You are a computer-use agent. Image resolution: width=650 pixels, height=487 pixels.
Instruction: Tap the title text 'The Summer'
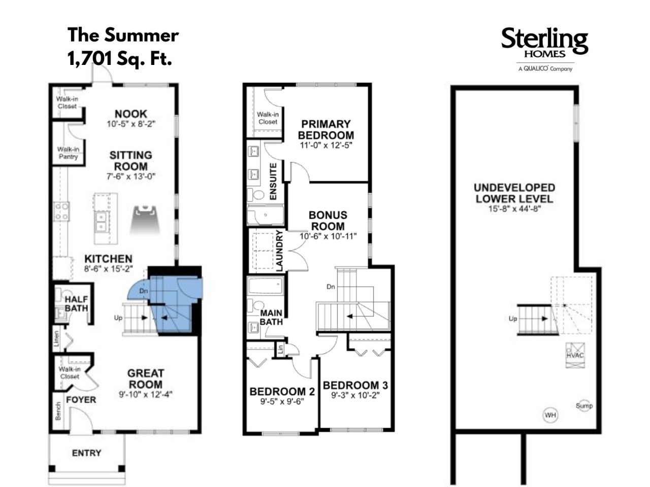123,35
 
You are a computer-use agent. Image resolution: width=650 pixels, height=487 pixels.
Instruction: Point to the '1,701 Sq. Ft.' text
120,58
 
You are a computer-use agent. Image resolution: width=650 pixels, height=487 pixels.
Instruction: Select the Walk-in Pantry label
68,153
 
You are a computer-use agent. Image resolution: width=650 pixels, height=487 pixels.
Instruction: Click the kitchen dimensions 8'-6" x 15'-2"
108,268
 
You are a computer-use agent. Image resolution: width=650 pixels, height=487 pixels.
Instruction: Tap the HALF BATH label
76,304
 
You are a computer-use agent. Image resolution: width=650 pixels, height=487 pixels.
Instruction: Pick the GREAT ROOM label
145,379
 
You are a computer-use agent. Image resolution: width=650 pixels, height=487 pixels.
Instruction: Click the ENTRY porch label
86,453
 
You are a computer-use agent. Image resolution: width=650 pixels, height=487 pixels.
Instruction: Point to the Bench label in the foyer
58,411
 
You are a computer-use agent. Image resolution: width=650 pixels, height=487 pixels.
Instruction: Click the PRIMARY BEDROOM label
326,129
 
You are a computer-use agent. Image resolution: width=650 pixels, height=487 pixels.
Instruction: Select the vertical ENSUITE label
273,181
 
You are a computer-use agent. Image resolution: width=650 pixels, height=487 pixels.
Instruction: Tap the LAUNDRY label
279,251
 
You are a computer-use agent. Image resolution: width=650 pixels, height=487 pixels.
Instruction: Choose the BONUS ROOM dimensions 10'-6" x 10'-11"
328,236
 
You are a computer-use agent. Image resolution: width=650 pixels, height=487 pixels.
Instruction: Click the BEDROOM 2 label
282,392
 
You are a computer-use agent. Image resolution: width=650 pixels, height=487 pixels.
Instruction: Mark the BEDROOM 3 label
355,385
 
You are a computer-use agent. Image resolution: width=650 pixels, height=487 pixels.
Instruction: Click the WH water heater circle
550,415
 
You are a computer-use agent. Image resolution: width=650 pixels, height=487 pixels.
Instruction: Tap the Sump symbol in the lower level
584,406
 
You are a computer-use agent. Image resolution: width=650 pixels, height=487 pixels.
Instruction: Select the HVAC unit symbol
575,355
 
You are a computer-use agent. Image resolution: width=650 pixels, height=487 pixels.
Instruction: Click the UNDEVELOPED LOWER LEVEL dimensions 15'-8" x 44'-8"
515,209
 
